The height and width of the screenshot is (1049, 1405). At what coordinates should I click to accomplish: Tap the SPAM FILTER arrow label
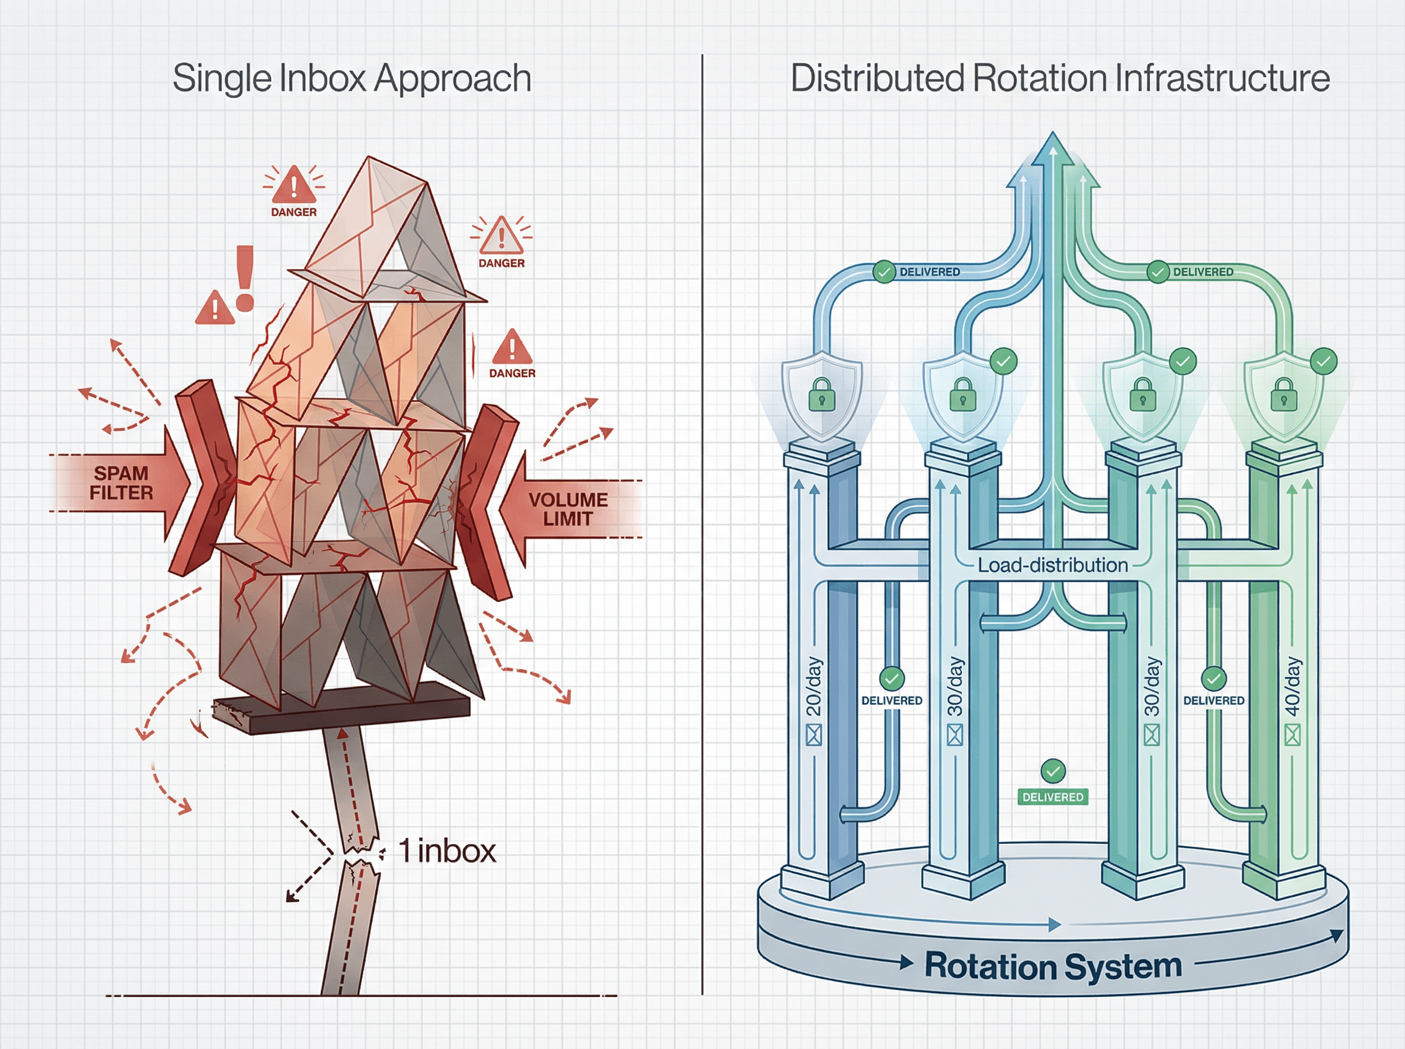click(121, 482)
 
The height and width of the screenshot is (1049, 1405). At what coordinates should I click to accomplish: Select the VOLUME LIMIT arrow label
click(568, 509)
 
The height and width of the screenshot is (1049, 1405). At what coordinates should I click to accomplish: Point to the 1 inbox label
click(446, 851)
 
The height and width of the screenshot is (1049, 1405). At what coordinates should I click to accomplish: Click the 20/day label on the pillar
click(813, 686)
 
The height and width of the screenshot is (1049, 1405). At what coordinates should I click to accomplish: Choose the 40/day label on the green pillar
click(1292, 686)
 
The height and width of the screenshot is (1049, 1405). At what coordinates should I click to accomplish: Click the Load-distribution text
click(1052, 564)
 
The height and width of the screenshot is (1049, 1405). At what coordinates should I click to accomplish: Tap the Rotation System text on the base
click(1053, 966)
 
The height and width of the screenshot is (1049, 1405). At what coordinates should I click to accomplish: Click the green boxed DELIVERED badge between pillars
click(1053, 797)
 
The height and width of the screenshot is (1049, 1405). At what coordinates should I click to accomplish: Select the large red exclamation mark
click(245, 278)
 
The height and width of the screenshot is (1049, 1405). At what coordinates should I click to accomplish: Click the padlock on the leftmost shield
click(821, 395)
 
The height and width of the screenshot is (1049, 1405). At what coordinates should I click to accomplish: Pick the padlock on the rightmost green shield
click(1284, 395)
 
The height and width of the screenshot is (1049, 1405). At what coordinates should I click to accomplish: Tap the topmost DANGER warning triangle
click(293, 186)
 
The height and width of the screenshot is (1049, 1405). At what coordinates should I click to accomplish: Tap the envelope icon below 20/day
click(813, 735)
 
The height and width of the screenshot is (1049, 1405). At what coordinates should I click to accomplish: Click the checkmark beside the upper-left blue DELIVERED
click(884, 272)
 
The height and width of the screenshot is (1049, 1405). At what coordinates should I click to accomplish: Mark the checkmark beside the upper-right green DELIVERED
click(1157, 272)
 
